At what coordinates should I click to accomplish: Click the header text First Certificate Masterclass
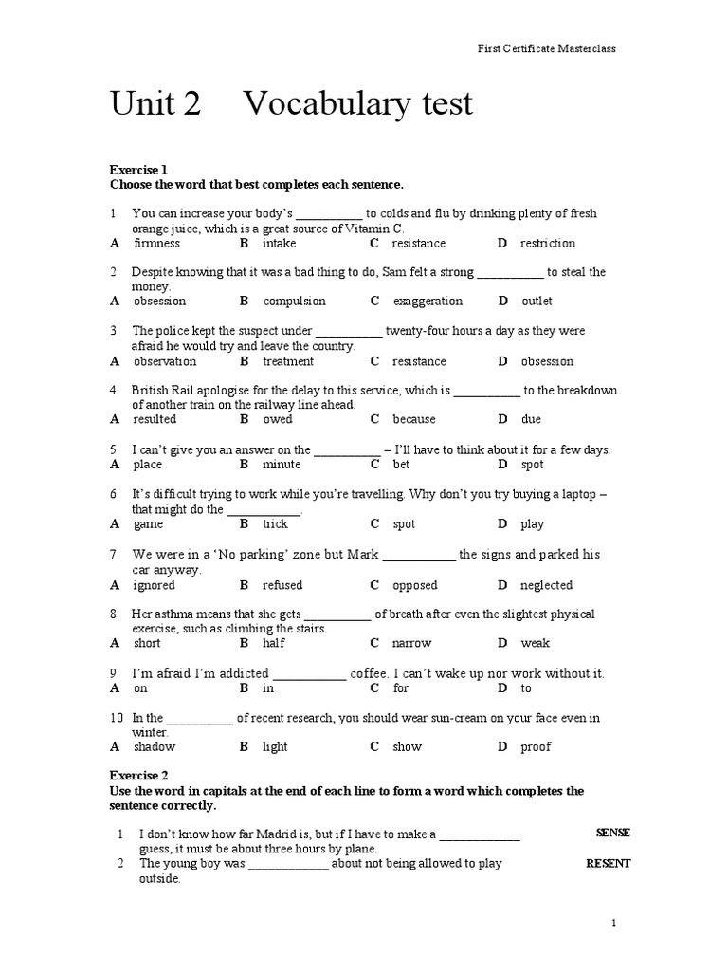tap(545, 48)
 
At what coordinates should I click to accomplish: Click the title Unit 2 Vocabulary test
tap(291, 104)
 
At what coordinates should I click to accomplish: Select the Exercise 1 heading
tap(138, 170)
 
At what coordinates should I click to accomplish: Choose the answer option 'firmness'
tap(156, 244)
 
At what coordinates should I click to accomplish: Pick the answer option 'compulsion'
tap(294, 302)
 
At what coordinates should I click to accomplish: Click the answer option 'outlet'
tap(537, 302)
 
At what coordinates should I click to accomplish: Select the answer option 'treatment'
tap(288, 361)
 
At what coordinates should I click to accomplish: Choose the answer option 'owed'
tap(278, 419)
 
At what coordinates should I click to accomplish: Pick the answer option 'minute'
tap(282, 465)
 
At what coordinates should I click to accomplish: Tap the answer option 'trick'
tap(275, 524)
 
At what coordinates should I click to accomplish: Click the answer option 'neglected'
tap(547, 585)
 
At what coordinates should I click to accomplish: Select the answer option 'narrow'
tap(411, 643)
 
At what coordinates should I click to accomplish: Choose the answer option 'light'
tap(275, 747)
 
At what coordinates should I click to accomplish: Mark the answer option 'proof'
tap(536, 747)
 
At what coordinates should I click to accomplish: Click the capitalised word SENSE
tap(613, 834)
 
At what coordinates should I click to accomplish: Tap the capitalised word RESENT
tap(609, 864)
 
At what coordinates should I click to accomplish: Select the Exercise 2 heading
tap(138, 776)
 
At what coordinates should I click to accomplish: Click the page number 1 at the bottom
tap(614, 924)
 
